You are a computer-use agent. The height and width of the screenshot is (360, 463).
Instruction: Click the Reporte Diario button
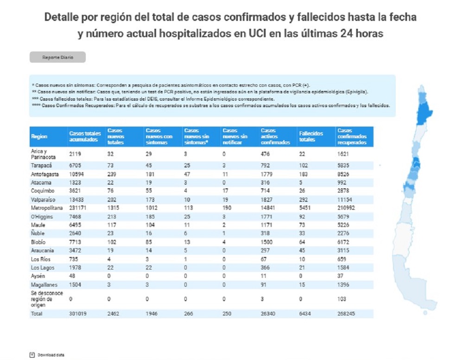tap(57, 57)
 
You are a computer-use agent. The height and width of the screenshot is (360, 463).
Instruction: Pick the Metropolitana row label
tap(46, 207)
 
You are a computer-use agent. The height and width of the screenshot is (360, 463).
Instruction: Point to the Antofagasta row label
tap(44, 174)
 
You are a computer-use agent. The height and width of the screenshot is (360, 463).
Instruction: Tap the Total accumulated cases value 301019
tap(78, 314)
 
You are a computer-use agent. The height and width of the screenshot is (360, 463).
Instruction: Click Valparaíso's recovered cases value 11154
tap(346, 199)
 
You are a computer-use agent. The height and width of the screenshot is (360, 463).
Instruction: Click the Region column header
tap(39, 136)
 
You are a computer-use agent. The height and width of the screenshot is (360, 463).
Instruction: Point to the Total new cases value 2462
tap(114, 314)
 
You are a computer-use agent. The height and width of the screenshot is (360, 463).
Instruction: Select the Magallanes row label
tap(43, 284)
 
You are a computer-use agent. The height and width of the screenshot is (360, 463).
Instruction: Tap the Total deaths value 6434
tap(306, 314)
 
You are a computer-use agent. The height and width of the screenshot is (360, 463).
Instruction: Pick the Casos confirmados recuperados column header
tap(352, 136)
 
